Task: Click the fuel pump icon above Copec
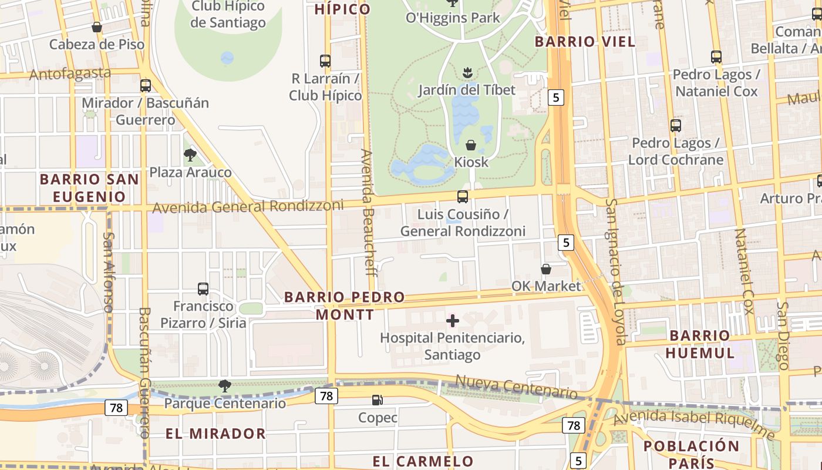coord(377,400)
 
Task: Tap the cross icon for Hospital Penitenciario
coord(452,321)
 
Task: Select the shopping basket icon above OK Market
coord(545,269)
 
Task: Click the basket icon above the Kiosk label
coord(471,145)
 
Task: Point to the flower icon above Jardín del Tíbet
coord(467,73)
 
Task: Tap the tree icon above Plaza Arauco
coord(190,155)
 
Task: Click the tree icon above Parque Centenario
coord(224,386)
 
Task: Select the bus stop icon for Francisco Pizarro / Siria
coord(203,289)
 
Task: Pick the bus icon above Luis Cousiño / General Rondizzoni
coord(463,197)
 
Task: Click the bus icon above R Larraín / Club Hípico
coord(325,61)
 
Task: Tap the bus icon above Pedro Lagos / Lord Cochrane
coord(676,125)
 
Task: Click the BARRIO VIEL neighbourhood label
coord(585,42)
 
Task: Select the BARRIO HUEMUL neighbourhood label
coord(700,344)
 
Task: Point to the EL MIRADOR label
coord(215,434)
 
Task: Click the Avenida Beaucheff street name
coord(368,211)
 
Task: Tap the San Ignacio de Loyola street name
coord(616,271)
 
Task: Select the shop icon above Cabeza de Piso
coord(97,27)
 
